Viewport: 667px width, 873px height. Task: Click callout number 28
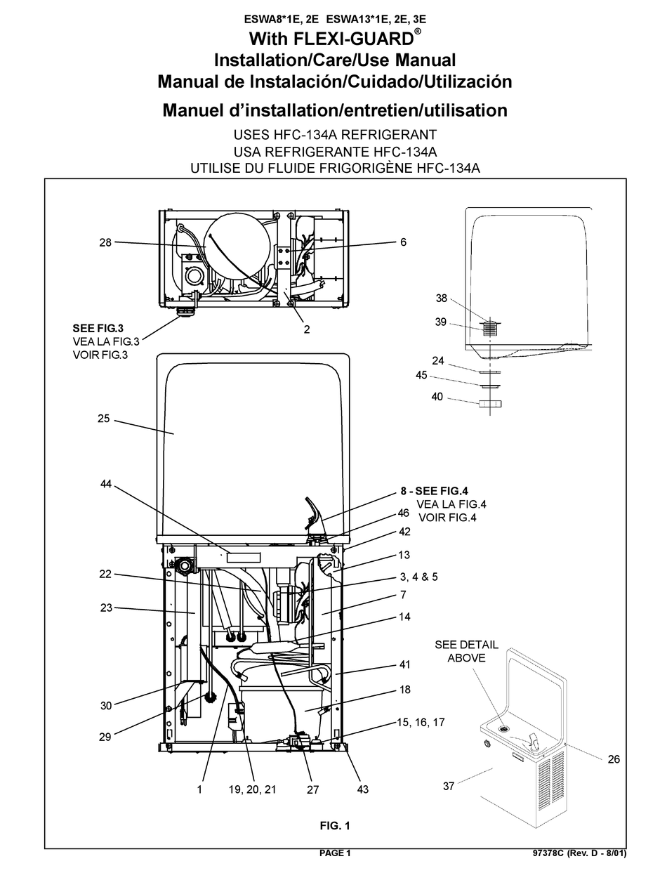coord(105,242)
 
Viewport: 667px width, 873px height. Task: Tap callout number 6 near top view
coord(403,242)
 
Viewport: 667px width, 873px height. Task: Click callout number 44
coord(105,485)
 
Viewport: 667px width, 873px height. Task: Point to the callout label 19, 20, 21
coord(252,789)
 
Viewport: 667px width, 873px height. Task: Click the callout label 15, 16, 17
coord(420,722)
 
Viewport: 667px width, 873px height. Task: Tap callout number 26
coord(613,759)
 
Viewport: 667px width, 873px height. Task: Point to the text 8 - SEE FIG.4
coord(448,492)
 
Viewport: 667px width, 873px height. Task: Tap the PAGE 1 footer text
coord(334,853)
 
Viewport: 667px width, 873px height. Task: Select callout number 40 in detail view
coord(437,397)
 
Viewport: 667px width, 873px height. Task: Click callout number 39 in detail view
coord(441,322)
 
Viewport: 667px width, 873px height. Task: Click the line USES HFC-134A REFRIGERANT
coord(334,135)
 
